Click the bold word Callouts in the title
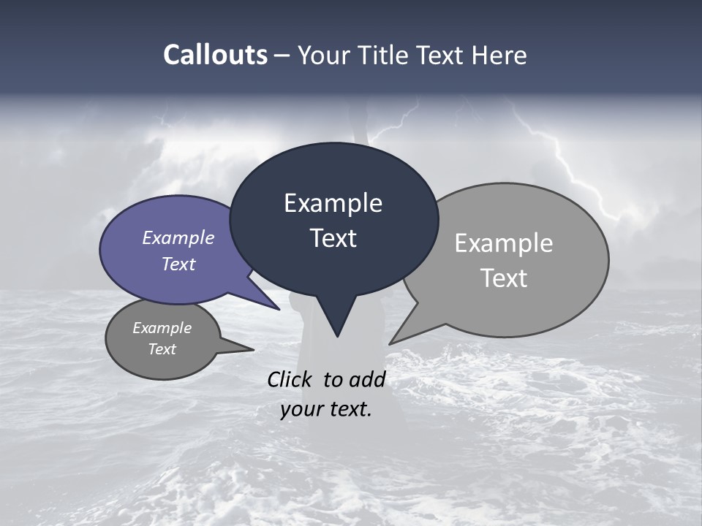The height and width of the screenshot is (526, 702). [x=215, y=55]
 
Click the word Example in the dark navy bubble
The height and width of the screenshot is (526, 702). [x=333, y=203]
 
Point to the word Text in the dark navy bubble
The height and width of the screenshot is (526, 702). [x=333, y=238]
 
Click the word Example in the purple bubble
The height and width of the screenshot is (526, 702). [x=178, y=237]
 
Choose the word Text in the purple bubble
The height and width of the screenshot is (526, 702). [x=178, y=264]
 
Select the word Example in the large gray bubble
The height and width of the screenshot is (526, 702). [x=504, y=243]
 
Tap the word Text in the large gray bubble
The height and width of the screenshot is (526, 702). [x=504, y=278]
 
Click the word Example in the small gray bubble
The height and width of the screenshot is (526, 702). [x=162, y=328]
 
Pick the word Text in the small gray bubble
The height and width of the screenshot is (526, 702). [x=162, y=349]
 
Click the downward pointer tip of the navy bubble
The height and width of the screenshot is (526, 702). [x=337, y=335]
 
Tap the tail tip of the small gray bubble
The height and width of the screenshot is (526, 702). [x=252, y=350]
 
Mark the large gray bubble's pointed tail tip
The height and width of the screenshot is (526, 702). [x=390, y=343]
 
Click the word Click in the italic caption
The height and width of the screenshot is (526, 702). [x=290, y=379]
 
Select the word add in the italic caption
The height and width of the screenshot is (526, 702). [x=368, y=379]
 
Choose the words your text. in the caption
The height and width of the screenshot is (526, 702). [x=326, y=409]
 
